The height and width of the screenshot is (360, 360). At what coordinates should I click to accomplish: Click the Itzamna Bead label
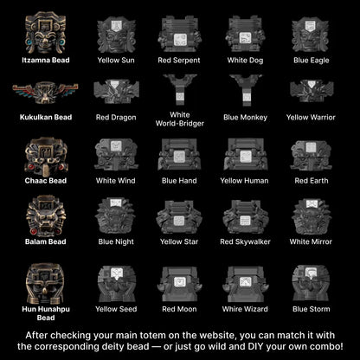click(x=46, y=61)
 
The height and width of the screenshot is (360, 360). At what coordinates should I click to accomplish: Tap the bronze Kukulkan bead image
click(x=45, y=93)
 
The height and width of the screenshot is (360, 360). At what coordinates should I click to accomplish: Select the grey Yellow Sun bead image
click(x=116, y=35)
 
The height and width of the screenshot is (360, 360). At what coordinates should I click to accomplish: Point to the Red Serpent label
click(x=179, y=61)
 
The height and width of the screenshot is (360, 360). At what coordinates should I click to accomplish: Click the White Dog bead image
click(x=245, y=35)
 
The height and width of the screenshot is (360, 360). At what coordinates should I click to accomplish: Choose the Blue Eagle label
click(x=312, y=61)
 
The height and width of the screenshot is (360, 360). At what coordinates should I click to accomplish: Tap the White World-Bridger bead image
click(x=180, y=90)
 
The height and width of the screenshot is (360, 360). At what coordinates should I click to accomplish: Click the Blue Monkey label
click(x=245, y=118)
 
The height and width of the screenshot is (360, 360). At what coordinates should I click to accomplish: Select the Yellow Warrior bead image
click(x=312, y=91)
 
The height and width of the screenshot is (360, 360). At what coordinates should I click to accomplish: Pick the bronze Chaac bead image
click(x=46, y=157)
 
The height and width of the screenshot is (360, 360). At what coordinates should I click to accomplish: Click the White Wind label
click(x=116, y=181)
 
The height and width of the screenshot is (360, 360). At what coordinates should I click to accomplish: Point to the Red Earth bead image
click(x=311, y=155)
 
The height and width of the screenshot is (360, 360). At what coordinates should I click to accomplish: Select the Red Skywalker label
click(x=245, y=241)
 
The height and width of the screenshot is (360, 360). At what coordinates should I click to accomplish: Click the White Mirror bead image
click(x=311, y=217)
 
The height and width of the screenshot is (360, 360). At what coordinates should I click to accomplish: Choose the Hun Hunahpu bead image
click(x=45, y=284)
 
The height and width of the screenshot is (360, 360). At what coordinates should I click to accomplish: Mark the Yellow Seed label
click(x=116, y=309)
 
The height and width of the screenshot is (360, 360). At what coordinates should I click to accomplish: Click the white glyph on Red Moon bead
click(x=179, y=281)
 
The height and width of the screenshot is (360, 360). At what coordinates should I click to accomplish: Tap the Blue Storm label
click(x=312, y=309)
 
